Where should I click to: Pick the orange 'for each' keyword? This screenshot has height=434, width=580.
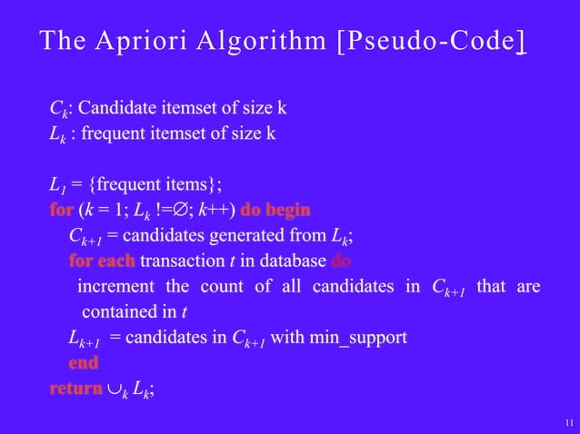(101, 261)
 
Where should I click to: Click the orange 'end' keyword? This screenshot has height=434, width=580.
(83, 363)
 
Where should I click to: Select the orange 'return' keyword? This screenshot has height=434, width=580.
(75, 390)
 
